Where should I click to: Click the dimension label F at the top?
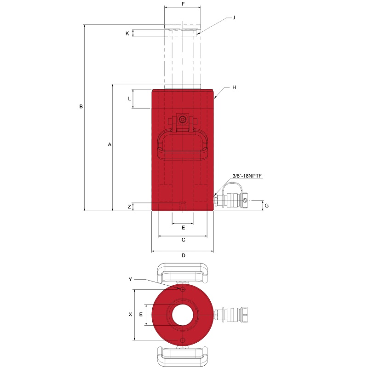(x=183, y=4)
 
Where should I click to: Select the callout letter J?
(x=234, y=17)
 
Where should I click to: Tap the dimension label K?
(x=127, y=34)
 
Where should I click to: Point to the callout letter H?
(x=234, y=87)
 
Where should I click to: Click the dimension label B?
(x=81, y=107)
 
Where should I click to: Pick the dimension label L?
(x=129, y=99)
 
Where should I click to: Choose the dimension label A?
(x=109, y=144)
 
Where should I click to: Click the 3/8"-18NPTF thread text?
(x=247, y=176)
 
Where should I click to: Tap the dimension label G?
(x=266, y=206)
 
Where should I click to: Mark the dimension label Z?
(x=129, y=207)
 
